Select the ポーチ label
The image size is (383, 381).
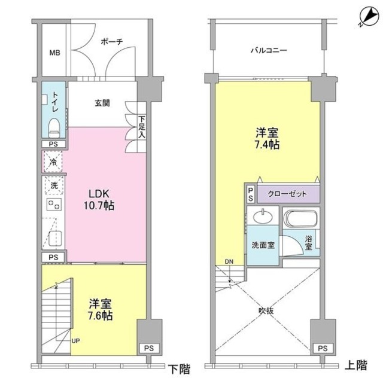pos(112,42)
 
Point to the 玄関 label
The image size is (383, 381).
pos(102,102)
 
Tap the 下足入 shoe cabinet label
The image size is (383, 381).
pos(142,127)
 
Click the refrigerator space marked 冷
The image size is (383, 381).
pos(53,161)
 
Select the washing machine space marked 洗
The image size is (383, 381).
pos(53,185)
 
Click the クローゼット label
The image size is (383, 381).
pos(288,194)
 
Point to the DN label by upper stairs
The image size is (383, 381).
pos(229,261)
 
